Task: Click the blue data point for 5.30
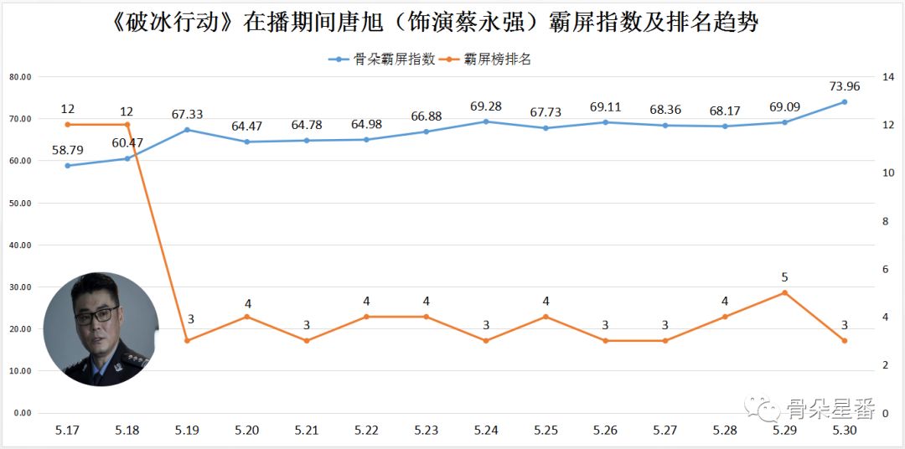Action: click(x=844, y=102)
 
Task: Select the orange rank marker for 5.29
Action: click(x=784, y=292)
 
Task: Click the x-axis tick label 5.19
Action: click(x=187, y=430)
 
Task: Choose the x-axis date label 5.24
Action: click(x=486, y=430)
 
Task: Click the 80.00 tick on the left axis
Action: click(x=20, y=77)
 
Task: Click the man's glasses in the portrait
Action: click(x=96, y=315)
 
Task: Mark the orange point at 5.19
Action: click(x=187, y=340)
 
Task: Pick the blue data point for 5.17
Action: click(x=68, y=165)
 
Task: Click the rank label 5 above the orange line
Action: click(x=784, y=276)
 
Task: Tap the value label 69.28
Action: click(x=486, y=106)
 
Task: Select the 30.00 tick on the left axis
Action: click(x=20, y=287)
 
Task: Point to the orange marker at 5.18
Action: click(x=127, y=125)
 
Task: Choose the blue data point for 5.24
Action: click(x=486, y=121)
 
